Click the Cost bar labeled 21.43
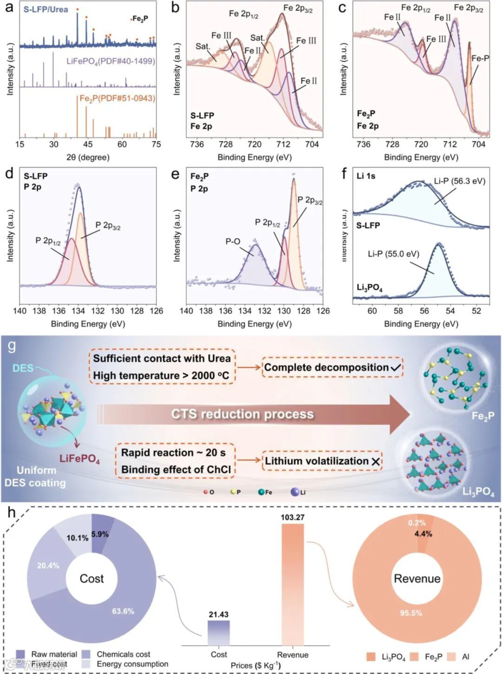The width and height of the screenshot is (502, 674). (x=218, y=633)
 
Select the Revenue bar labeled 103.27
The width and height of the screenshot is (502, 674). (x=292, y=584)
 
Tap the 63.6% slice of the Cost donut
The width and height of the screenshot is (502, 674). (x=123, y=611)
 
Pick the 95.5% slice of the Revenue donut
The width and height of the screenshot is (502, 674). (x=411, y=613)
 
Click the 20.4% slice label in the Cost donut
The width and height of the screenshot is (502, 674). (x=48, y=566)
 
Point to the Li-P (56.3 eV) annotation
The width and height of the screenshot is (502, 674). (x=459, y=181)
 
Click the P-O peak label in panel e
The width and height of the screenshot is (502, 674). (x=233, y=242)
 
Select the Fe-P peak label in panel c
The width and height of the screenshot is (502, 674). (x=480, y=59)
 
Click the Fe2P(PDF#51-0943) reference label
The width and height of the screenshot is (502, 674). (x=117, y=99)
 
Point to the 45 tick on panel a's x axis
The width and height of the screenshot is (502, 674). (x=88, y=144)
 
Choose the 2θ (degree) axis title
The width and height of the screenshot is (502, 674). (x=88, y=157)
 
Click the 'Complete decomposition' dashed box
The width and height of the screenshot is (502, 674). (x=332, y=368)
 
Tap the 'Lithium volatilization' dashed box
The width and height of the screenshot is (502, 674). (x=323, y=461)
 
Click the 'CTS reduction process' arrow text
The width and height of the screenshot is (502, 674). (x=242, y=414)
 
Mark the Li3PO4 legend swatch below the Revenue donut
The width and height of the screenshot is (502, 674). (x=370, y=656)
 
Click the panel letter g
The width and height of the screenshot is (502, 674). (x=12, y=346)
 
